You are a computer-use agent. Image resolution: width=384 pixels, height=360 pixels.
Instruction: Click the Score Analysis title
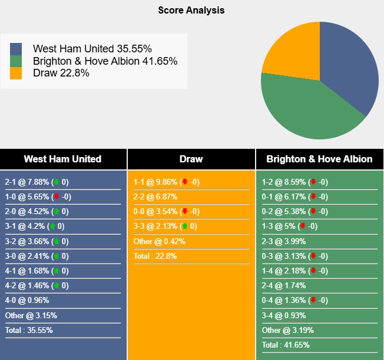click(x=191, y=11)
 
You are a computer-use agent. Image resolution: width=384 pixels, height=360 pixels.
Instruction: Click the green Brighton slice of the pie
click(x=306, y=112)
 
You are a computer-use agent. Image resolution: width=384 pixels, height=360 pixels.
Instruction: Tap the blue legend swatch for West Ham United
click(x=16, y=49)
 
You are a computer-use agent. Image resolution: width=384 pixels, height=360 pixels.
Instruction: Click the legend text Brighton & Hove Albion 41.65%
click(x=105, y=61)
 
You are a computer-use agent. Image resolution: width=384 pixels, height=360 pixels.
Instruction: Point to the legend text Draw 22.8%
click(x=61, y=73)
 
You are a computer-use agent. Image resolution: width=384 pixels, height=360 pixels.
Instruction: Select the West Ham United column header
click(x=62, y=159)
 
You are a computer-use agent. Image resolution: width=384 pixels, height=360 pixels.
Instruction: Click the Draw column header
click(x=191, y=159)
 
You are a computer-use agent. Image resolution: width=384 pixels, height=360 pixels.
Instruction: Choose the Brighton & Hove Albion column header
click(x=319, y=159)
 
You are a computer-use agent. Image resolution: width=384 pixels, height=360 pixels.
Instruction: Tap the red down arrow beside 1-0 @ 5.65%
click(x=56, y=197)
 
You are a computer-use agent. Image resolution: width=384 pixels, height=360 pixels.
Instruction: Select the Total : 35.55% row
click(x=29, y=330)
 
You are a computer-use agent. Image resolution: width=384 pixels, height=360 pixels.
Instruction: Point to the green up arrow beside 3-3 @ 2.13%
click(x=184, y=226)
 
